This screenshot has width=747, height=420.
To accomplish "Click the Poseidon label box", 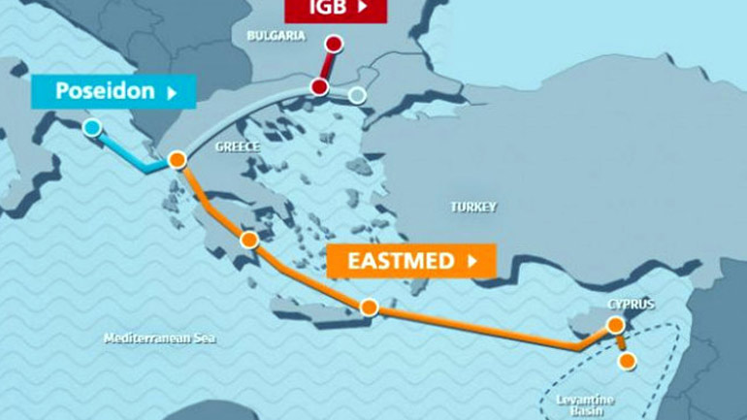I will point(113,92).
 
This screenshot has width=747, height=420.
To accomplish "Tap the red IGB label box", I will point(335,9).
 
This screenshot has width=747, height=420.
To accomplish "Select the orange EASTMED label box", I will point(411,261).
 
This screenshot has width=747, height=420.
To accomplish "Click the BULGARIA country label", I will point(276,36).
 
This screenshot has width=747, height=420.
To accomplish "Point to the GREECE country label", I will point(238,147).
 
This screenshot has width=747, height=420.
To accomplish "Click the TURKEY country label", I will point(473,207).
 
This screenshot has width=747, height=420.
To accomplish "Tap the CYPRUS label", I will point(631,304).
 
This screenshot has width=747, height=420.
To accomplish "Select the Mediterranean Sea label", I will point(160,339).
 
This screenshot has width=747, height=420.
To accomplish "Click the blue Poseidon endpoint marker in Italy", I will point(91,127).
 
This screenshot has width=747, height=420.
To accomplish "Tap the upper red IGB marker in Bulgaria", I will point(334,44).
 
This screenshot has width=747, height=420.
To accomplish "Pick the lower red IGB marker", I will point(319,87).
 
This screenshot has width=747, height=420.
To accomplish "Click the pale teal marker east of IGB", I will point(357,95).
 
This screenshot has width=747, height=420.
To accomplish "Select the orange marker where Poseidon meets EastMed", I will point(177,160).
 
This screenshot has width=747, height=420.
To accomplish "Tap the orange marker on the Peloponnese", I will point(249,240).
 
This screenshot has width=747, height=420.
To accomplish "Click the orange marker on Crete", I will point(369,307).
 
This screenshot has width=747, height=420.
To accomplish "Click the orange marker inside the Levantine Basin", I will point(627,362).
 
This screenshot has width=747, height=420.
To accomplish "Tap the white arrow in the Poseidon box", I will point(172,93).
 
